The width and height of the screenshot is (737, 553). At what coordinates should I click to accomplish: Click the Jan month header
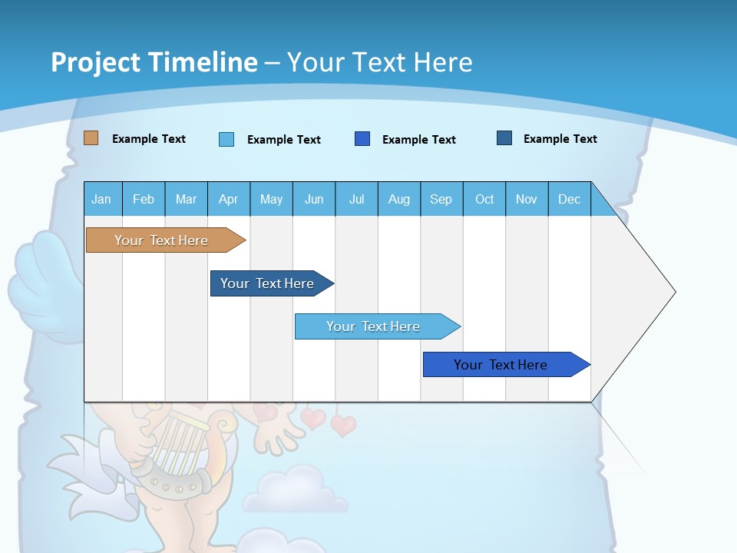pyautogui.click(x=101, y=199)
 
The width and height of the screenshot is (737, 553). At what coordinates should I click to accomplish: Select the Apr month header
pyautogui.click(x=228, y=199)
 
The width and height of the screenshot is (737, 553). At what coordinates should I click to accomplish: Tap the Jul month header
pyautogui.click(x=356, y=199)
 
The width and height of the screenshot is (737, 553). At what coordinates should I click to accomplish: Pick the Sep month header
pyautogui.click(x=441, y=199)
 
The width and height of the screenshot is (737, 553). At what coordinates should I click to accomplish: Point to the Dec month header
pyautogui.click(x=569, y=199)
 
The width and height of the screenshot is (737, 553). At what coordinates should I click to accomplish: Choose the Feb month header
pyautogui.click(x=144, y=199)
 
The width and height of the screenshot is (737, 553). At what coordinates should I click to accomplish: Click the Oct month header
pyautogui.click(x=484, y=199)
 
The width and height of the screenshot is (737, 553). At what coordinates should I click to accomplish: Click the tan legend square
pyautogui.click(x=91, y=138)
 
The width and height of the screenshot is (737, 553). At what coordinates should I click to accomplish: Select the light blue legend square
pyautogui.click(x=226, y=139)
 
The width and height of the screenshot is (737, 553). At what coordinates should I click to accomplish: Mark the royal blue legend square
pyautogui.click(x=362, y=139)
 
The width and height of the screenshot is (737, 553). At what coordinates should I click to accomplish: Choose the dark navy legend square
pyautogui.click(x=504, y=138)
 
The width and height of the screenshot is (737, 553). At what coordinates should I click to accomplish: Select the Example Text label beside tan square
pyautogui.click(x=149, y=139)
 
